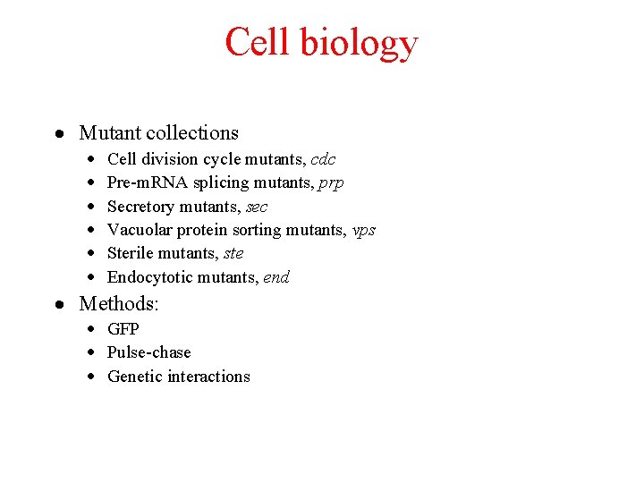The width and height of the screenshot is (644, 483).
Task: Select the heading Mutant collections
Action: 158,133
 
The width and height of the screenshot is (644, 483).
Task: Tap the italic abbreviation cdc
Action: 323,159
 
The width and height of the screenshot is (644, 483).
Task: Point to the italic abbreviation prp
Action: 331,183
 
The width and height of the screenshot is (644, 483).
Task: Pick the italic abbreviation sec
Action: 256,207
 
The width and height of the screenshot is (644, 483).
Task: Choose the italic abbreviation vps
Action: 364,231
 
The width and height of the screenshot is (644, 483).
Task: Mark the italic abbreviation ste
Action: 233,254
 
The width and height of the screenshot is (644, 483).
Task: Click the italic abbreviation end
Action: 276,277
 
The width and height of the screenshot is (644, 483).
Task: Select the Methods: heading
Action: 119,304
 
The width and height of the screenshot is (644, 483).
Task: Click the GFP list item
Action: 123,329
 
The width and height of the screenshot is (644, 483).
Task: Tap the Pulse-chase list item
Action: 148,352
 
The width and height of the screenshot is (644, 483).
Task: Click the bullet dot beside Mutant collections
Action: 58,134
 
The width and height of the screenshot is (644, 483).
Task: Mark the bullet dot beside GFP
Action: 92,329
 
